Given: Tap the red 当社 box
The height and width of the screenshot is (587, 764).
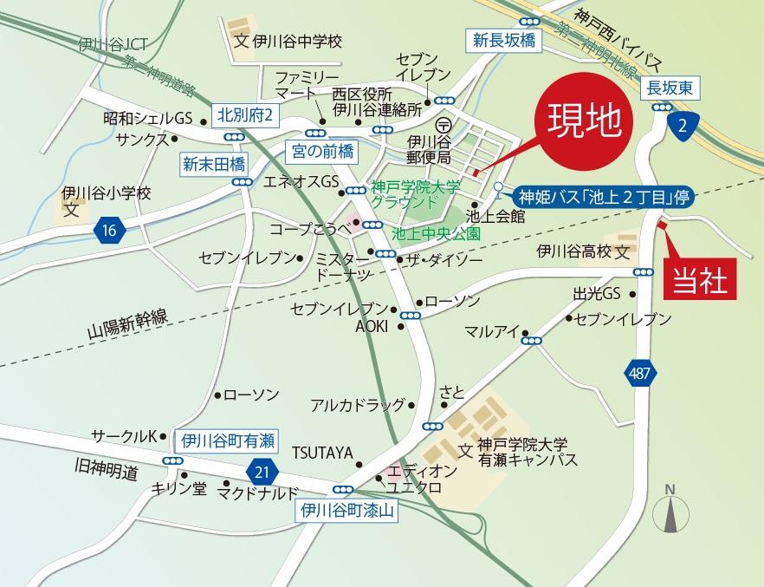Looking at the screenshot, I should pos(703,279).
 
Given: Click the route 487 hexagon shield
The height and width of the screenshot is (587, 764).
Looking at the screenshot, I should pos(638,373).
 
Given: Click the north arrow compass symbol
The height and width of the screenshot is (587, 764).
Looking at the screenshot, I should pos(670,512).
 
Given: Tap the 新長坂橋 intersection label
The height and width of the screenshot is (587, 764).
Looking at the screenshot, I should pos(503,39).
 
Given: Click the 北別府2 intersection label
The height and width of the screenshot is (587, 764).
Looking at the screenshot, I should pos(244,114).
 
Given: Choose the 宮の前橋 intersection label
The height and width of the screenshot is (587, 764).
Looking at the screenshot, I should pos(320,152).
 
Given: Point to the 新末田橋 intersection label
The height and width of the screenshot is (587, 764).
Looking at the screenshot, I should pos(214,163).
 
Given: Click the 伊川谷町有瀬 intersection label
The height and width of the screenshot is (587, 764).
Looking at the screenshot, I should pos(227,440).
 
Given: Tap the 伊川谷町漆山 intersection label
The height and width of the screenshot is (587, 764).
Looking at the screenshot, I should pos(346,511).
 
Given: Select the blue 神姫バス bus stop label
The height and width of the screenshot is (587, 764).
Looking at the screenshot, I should pos(603,197).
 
